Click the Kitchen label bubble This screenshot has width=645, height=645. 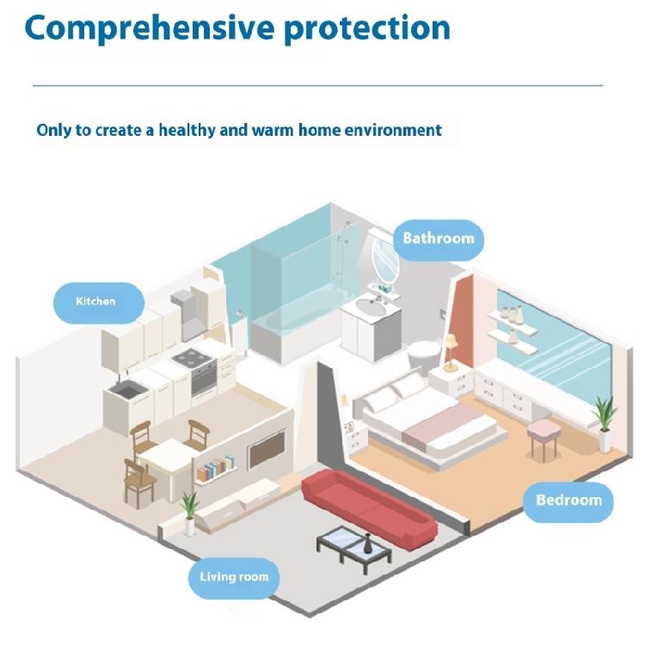(99, 303)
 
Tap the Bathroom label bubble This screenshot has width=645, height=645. (439, 239)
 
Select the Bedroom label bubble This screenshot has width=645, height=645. (568, 502)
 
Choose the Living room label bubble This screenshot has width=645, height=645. (234, 578)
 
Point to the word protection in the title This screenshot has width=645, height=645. (367, 28)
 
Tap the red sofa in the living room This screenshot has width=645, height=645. (369, 508)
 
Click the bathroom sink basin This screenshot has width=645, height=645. (371, 307)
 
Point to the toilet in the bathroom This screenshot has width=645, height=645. (424, 357)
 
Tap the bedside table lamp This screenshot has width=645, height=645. (451, 353)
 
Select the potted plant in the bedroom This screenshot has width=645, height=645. (605, 424)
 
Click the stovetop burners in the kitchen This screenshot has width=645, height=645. (193, 357)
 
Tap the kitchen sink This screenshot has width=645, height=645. (128, 389)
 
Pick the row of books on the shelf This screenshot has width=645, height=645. (215, 468)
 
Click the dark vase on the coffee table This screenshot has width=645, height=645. (367, 544)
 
